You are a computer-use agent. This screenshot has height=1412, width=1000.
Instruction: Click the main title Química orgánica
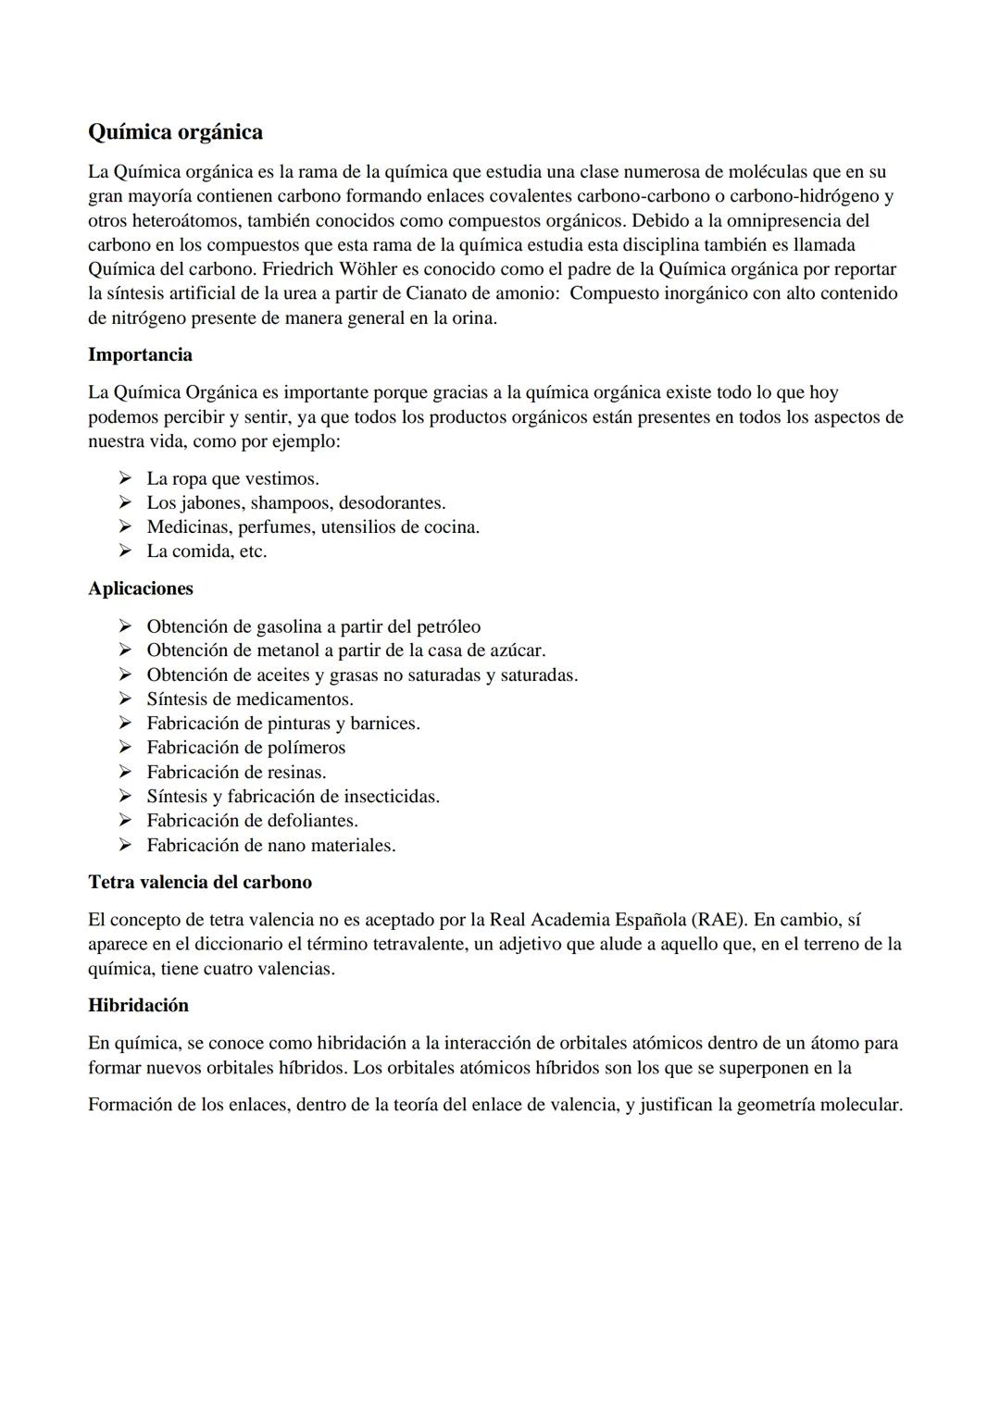click(x=175, y=132)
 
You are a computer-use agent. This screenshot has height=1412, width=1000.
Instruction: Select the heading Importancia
click(x=140, y=354)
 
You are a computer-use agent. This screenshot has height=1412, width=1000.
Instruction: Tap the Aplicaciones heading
click(x=141, y=588)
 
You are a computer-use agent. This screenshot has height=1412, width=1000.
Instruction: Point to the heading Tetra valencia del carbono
click(x=200, y=882)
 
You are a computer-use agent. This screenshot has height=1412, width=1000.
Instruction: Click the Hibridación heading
click(x=138, y=1005)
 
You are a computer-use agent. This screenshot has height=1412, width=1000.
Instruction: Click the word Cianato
click(x=439, y=293)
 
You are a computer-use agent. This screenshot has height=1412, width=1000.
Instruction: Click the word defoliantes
click(x=312, y=820)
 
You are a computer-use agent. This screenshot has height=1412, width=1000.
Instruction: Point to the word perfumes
click(x=275, y=526)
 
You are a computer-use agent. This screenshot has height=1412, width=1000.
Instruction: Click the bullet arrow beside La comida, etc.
click(x=125, y=551)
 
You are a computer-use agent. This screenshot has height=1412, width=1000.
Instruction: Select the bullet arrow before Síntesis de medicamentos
click(x=125, y=699)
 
